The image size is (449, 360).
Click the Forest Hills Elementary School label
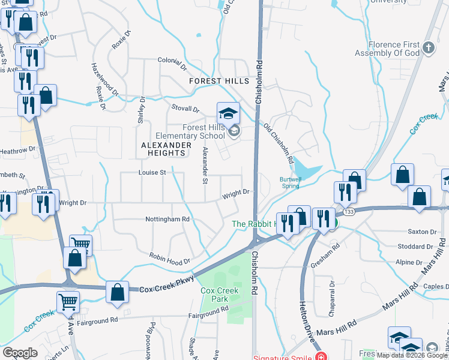(x=203, y=131)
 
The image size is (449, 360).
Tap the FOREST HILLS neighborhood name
(x=218, y=81)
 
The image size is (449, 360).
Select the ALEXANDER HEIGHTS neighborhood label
(x=166, y=149)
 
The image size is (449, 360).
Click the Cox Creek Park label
(x=220, y=295)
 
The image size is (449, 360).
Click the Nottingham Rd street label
(x=167, y=220)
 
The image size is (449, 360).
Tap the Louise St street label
(x=152, y=173)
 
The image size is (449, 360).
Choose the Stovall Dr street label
(x=185, y=109)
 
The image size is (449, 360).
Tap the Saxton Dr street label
(x=421, y=232)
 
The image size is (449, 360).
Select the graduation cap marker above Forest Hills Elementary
(x=228, y=112)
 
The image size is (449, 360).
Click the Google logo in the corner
(x=20, y=353)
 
